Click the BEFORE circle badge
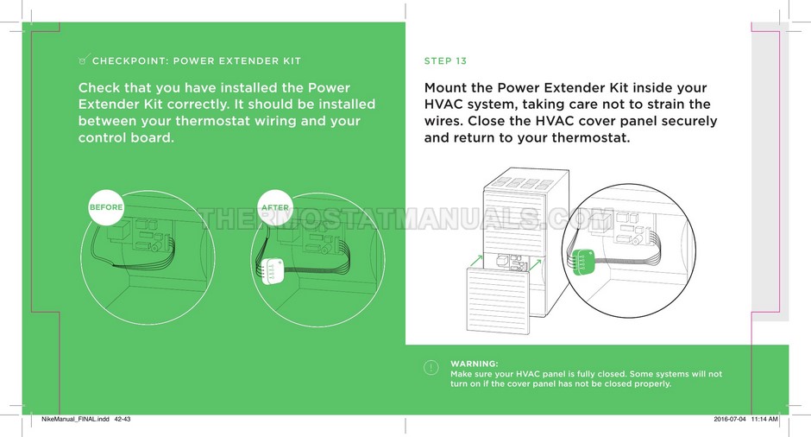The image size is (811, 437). pos(106,207)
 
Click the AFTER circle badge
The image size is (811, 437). pos(275,207)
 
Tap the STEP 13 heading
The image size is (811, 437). pos(445,61)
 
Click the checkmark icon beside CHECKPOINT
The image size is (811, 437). pos(84,60)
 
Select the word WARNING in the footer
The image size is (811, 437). pos(475,364)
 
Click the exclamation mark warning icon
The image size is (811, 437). pos(431,368)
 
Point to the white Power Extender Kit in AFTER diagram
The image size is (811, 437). pos(269,271)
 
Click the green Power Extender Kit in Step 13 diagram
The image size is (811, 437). pos(583,260)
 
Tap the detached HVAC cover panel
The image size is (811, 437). pos(498,300)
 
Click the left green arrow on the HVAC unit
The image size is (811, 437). pos(477,261)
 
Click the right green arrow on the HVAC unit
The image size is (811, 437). pos(535,266)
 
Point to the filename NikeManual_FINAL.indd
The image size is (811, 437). pos(76,420)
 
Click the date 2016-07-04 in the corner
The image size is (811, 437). pos(730,420)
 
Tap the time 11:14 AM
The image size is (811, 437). pos(764,420)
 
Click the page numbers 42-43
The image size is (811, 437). pos(123,420)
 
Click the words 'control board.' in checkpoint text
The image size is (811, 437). pos(126,137)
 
